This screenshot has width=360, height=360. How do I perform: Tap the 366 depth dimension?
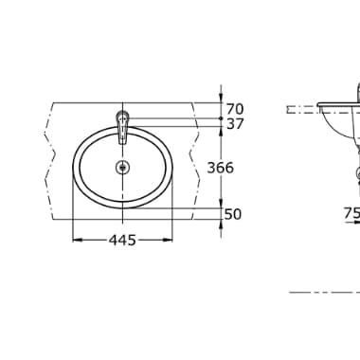click(220, 167)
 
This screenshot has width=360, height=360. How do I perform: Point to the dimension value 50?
click(233, 214)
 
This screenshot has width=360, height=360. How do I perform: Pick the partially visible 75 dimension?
click(351, 214)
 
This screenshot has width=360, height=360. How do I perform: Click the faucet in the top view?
click(121, 123)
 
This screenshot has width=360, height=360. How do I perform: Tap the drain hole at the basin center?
click(121, 169)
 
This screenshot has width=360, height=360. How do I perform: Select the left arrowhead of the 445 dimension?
click(77, 240)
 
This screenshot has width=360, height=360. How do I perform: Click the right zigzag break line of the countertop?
click(195, 161)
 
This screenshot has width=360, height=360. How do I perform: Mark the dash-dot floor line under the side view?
click(322, 292)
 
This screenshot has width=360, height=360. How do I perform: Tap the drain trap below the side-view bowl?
click(356, 172)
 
